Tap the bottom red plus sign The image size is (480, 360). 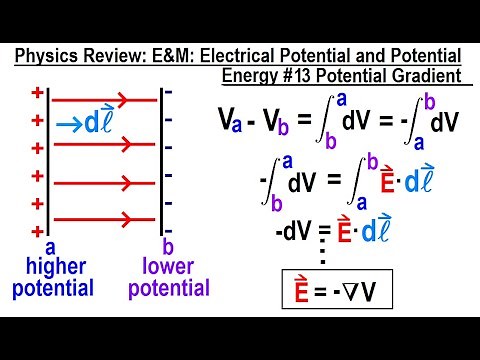(37, 230)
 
